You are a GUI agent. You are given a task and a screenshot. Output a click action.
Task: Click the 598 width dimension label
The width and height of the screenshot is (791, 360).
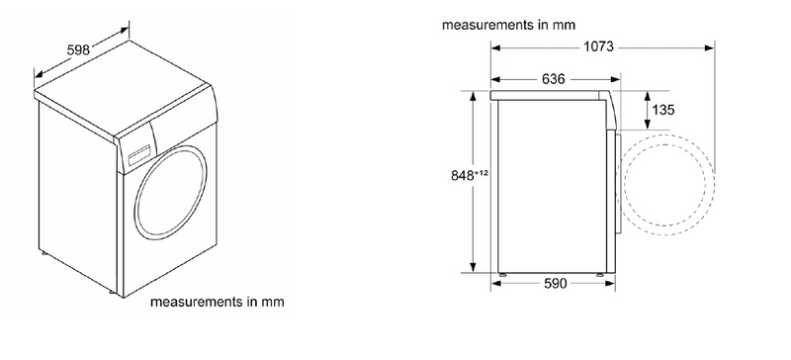[x=78, y=49]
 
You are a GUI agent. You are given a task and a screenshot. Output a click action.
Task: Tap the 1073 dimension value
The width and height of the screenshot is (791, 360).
[x=599, y=46]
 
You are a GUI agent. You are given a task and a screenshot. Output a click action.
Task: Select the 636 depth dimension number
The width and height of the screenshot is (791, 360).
[x=554, y=79]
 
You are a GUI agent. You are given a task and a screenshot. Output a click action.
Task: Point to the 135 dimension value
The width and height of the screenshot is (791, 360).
[x=662, y=110]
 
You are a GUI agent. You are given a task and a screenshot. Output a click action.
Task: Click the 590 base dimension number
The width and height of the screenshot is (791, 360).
[x=555, y=284]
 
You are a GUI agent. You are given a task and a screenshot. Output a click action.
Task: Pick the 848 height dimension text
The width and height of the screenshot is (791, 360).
[x=463, y=176]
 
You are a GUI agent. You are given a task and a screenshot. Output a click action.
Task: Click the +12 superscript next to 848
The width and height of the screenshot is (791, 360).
[x=481, y=173]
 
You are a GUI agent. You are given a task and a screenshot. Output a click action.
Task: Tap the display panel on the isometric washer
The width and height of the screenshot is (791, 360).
[x=139, y=155]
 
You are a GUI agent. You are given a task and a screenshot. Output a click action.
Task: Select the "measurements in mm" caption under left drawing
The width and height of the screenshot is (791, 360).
[x=217, y=302]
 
